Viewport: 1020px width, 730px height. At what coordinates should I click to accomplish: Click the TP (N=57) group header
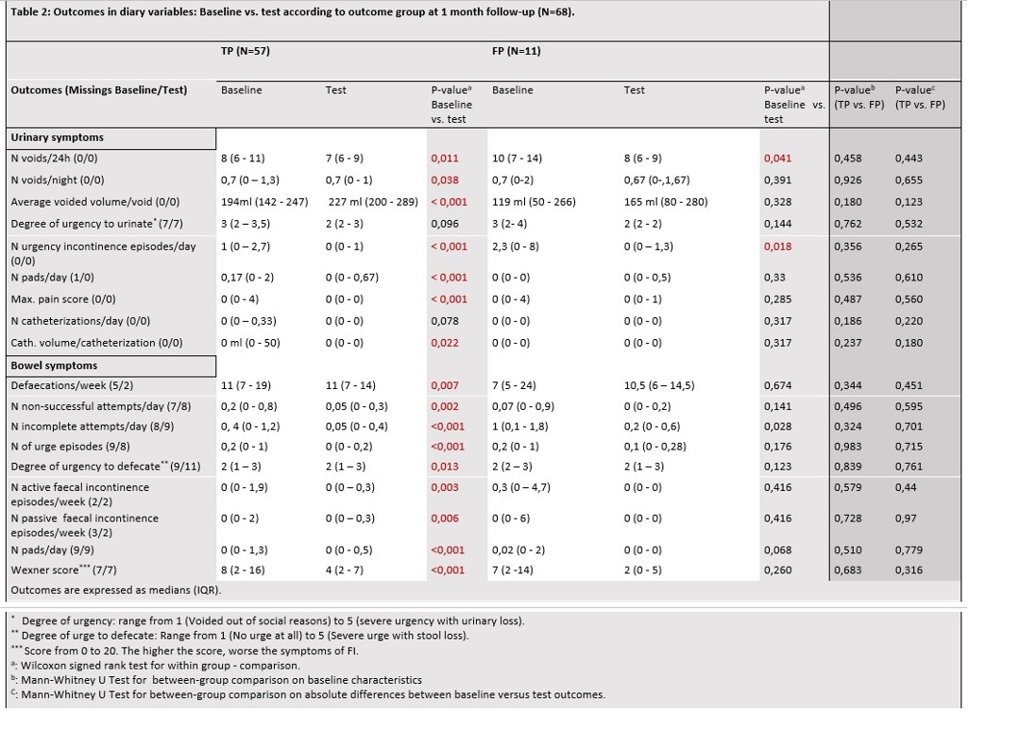(x=246, y=51)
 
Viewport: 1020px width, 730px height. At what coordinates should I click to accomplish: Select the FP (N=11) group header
(x=517, y=51)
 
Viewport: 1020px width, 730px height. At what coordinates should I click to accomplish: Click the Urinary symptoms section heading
(x=58, y=137)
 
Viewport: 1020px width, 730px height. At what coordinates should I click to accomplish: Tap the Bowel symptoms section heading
(x=54, y=365)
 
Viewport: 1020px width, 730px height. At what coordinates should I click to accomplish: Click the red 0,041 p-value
(x=778, y=158)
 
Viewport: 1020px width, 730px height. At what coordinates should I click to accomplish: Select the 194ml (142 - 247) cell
(x=264, y=202)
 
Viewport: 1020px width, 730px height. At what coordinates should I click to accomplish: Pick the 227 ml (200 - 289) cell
(x=373, y=202)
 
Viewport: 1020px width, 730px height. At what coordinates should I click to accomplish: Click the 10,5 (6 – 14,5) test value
(x=659, y=385)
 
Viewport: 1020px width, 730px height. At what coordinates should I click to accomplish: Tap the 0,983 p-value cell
(x=847, y=447)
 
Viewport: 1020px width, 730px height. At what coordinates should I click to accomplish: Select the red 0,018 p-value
(x=778, y=246)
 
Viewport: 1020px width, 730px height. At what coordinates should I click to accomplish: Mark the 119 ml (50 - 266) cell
(x=534, y=202)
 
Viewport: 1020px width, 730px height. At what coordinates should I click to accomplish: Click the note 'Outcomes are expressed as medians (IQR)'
(x=116, y=590)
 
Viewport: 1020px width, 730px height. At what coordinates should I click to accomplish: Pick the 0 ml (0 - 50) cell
(x=250, y=343)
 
